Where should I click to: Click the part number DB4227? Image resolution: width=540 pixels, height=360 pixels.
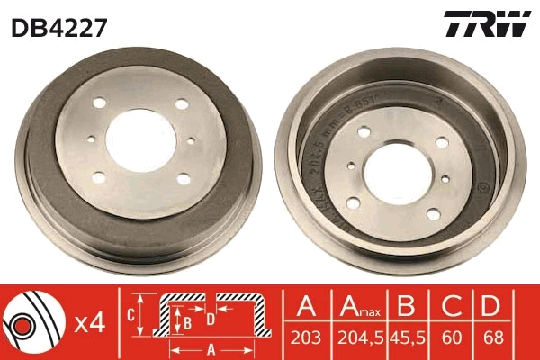[59, 27]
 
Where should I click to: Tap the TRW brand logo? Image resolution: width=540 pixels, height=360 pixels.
[484, 25]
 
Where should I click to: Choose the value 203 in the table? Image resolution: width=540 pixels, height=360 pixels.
[307, 341]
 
